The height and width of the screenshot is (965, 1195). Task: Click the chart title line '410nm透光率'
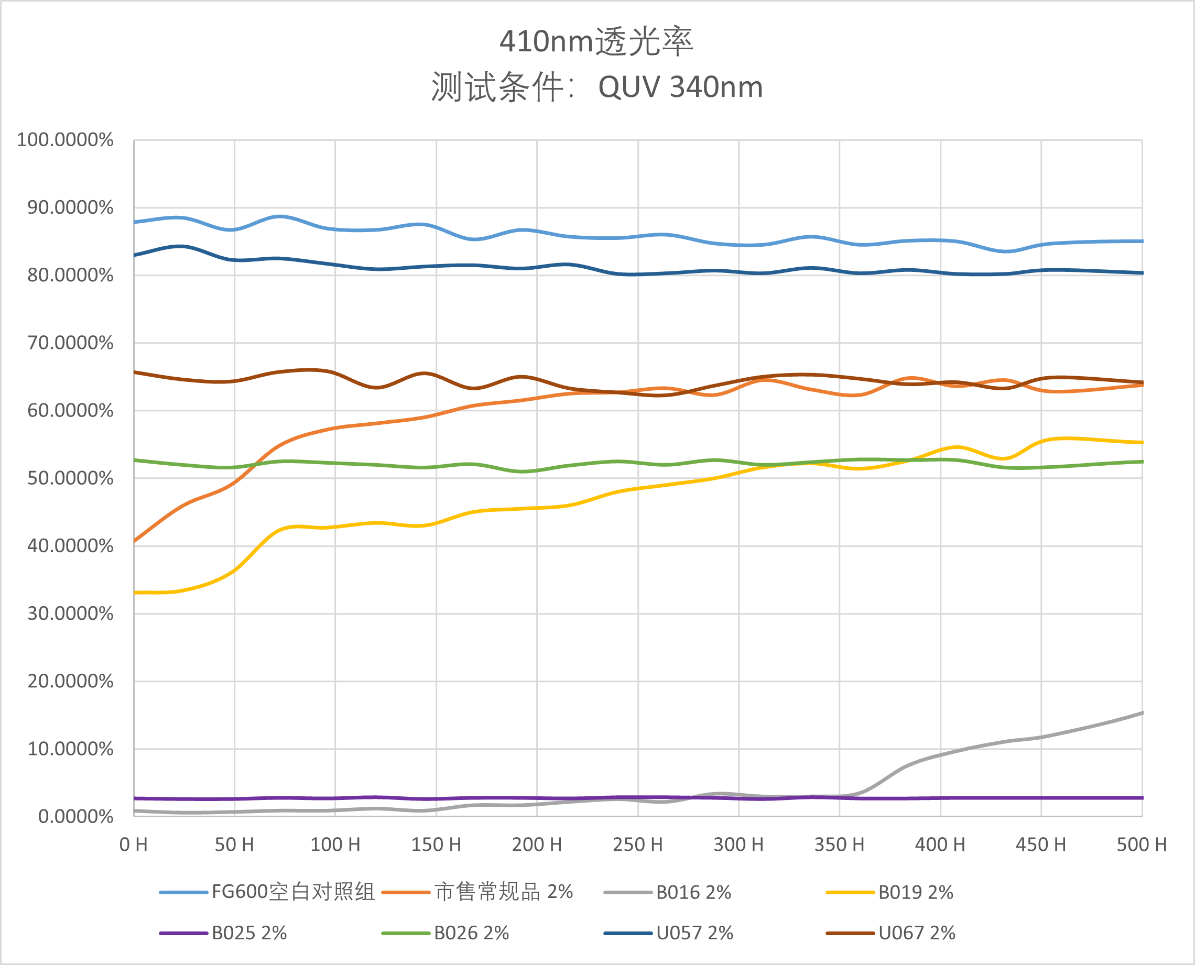(x=596, y=42)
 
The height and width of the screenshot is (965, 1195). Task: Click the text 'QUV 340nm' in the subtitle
(x=680, y=87)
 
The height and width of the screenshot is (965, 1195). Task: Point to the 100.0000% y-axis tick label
(x=65, y=139)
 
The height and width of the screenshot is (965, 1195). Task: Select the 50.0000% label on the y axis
(x=70, y=479)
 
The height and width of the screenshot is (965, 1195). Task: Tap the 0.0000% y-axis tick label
(x=75, y=817)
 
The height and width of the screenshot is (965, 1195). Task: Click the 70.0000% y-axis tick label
(x=70, y=343)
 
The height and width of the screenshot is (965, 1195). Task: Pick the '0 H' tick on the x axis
(x=134, y=845)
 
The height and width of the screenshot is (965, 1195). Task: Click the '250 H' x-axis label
(x=638, y=845)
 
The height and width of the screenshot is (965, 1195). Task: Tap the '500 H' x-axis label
(x=1142, y=845)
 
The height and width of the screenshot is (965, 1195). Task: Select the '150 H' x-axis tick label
(x=436, y=845)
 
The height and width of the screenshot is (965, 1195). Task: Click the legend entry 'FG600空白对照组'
(x=293, y=892)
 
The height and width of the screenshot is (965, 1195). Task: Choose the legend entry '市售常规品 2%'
(x=503, y=892)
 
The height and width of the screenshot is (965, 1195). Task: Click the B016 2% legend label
(x=693, y=893)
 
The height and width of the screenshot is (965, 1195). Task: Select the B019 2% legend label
(x=916, y=893)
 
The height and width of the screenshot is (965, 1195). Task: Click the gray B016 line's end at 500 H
(x=1142, y=712)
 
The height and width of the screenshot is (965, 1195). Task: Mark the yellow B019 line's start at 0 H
(x=135, y=593)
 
